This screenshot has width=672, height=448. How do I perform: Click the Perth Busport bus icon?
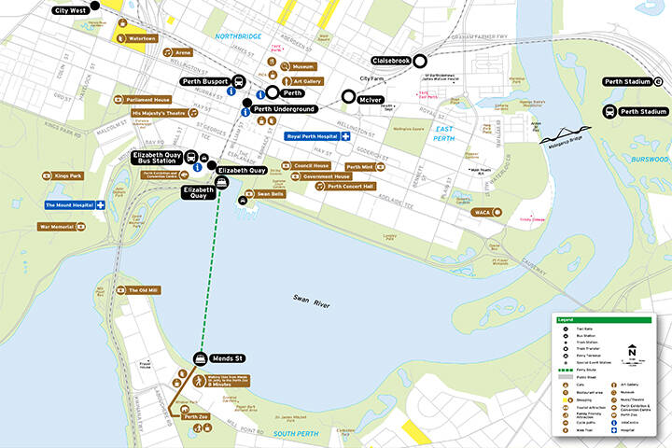click(239, 81)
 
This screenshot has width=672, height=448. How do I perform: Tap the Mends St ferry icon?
click(200, 357)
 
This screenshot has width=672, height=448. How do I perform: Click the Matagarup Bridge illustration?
click(566, 133)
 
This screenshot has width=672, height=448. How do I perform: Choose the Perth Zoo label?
click(196, 415)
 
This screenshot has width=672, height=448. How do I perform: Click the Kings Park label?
click(68, 175)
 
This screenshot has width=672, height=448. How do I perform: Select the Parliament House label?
click(148, 99)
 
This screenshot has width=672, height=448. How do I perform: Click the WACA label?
click(483, 212)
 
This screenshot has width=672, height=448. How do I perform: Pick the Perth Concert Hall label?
click(350, 186)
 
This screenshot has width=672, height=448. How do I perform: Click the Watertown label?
click(142, 38)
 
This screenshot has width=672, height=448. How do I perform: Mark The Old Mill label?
click(144, 290)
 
